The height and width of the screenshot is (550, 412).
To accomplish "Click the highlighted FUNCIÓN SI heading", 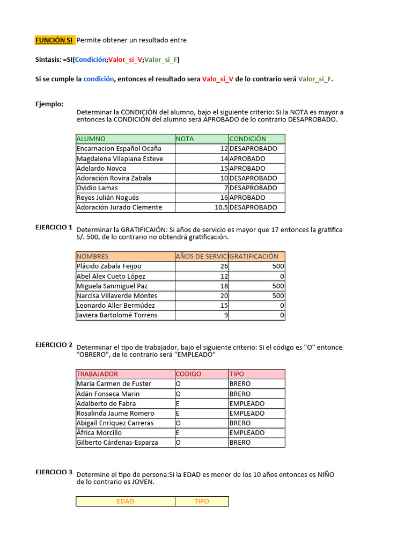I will click(54, 40).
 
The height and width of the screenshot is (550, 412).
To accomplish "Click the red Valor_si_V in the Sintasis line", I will click(125, 60).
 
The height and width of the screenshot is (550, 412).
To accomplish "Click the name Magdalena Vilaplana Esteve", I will click(120, 158).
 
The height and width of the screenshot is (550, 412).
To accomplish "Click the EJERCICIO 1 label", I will click(54, 227).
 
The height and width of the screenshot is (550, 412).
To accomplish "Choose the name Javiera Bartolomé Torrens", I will click(117, 315).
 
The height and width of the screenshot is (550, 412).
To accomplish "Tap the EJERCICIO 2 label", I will click(54, 345).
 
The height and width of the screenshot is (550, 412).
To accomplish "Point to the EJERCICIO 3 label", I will click(54, 472).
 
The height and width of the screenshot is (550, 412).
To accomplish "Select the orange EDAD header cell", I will click(125, 501).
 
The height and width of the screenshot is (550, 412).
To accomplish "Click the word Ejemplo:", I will click(49, 104).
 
